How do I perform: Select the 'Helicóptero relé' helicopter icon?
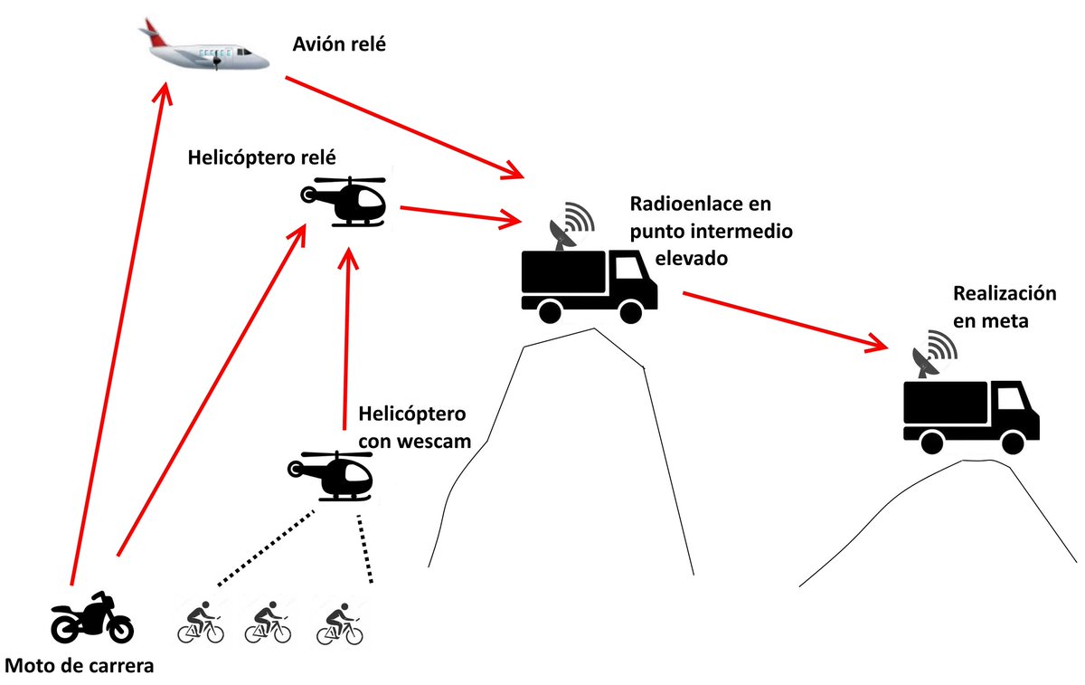click(344, 200)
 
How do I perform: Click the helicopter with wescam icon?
click(330, 475)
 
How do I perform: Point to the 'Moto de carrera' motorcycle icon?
click(91, 617)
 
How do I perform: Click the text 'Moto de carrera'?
click(80, 667)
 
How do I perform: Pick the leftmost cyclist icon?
click(200, 622)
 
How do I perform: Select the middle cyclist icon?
click(268, 622)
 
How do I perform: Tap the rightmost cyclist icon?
click(340, 622)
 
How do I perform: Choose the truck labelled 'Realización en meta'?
click(971, 413)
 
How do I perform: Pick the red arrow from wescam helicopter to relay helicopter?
click(344, 335)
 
